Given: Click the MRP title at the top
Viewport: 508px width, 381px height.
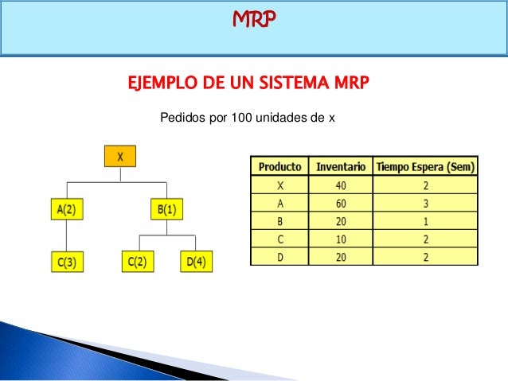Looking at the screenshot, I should click(x=254, y=17).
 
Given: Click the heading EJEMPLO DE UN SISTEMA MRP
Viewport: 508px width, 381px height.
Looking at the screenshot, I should click(x=248, y=83).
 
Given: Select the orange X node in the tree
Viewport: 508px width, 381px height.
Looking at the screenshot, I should click(x=120, y=156).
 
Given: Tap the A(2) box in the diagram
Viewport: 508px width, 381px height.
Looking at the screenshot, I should click(x=66, y=210).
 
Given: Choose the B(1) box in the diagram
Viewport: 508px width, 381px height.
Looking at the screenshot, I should click(x=166, y=210).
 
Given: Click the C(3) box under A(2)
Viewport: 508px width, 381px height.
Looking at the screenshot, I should click(x=66, y=261).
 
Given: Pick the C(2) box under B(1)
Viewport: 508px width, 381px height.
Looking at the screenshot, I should click(x=139, y=261).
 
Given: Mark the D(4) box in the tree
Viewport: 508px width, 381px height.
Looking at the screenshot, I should click(x=196, y=261).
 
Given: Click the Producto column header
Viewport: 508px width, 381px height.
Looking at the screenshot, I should click(x=279, y=167).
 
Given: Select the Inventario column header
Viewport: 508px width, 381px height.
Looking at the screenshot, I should click(x=341, y=167).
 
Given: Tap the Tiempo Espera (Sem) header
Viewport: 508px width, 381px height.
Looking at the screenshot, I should click(x=426, y=167).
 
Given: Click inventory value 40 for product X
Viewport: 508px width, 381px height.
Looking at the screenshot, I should click(x=341, y=185).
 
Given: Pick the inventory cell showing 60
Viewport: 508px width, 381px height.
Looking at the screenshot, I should click(x=341, y=203).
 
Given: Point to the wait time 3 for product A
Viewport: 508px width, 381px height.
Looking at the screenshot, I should click(x=426, y=203).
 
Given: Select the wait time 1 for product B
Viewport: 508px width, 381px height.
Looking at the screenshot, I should click(x=426, y=220).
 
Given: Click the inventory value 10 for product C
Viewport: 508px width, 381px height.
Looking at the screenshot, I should click(x=341, y=239).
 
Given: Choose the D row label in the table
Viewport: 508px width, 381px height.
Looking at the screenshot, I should click(x=279, y=256).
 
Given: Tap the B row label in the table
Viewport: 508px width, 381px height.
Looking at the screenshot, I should click(x=279, y=220).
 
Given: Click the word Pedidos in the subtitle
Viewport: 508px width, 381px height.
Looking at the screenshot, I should click(x=182, y=118).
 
